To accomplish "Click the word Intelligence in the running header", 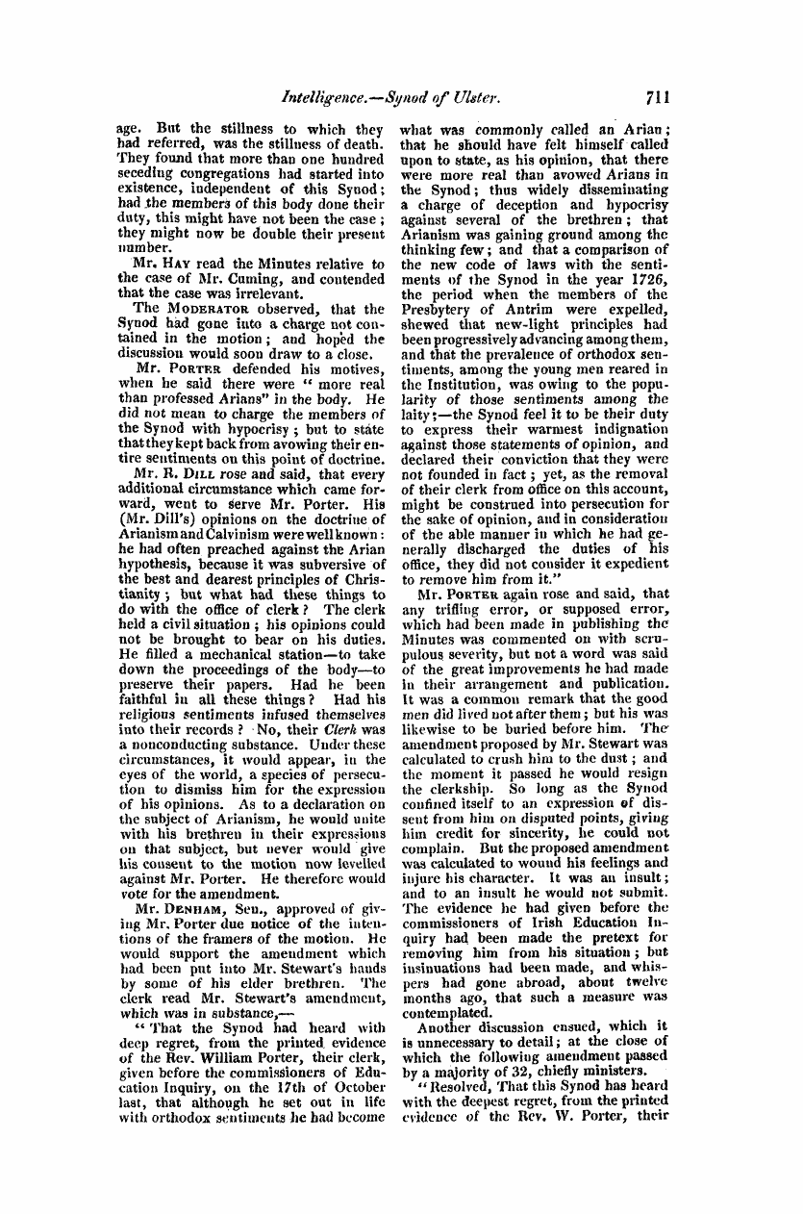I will pyautogui.click(x=327, y=97).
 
